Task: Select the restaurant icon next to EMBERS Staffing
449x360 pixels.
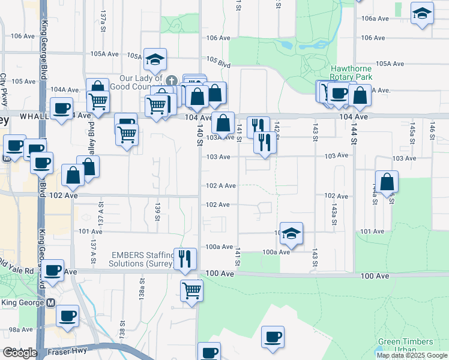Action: point(185,259)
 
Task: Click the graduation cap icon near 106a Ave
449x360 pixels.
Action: point(422,13)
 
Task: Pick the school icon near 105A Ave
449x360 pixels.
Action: point(155,59)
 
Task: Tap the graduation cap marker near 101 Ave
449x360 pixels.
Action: point(291,233)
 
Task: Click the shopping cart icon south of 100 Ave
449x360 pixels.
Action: point(191,291)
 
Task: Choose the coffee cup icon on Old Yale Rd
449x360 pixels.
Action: point(52,271)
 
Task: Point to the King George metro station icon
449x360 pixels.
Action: point(51,302)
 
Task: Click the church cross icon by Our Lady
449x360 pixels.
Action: point(171,80)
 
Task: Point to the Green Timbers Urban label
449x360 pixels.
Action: point(405,346)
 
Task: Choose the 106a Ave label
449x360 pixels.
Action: point(376,19)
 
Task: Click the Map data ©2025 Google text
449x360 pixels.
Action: point(412,355)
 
